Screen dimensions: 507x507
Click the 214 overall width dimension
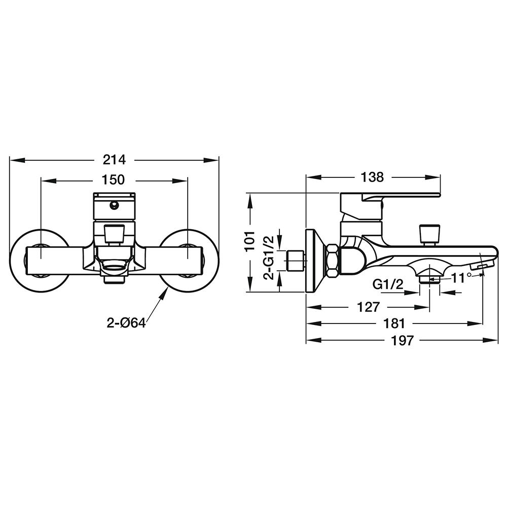pyautogui.click(x=114, y=159)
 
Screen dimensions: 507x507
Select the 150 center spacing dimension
pyautogui.click(x=113, y=179)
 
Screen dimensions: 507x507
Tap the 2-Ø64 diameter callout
pyautogui.click(x=126, y=322)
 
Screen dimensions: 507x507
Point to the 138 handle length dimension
pyautogui.click(x=372, y=177)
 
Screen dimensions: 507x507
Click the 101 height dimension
pyautogui.click(x=250, y=241)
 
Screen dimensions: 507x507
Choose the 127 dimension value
pyautogui.click(x=368, y=307)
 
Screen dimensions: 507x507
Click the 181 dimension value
pyautogui.click(x=394, y=323)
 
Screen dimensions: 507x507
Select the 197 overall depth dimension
pyautogui.click(x=402, y=340)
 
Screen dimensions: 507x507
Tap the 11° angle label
pyautogui.click(x=461, y=277)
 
